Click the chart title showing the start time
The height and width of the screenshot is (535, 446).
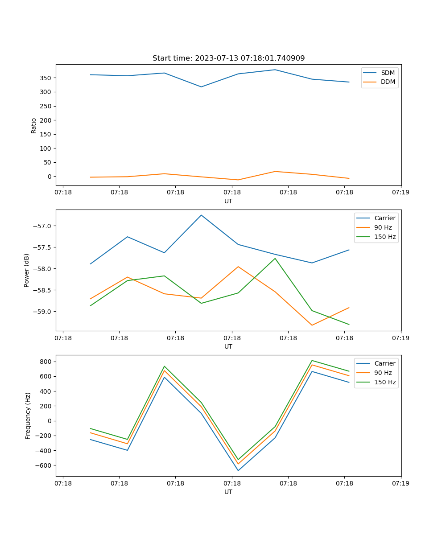pyautogui.click(x=228, y=58)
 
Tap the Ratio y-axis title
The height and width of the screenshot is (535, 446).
pyautogui.click(x=34, y=125)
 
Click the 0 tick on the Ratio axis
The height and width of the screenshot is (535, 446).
pyautogui.click(x=50, y=177)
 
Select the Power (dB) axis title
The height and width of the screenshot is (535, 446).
pyautogui.click(x=27, y=270)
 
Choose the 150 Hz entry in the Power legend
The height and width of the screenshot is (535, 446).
pyautogui.click(x=385, y=237)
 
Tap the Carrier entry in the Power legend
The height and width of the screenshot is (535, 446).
pyautogui.click(x=384, y=218)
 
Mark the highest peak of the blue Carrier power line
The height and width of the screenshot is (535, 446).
pyautogui.click(x=201, y=215)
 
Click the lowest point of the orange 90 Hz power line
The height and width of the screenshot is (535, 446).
pyautogui.click(x=312, y=325)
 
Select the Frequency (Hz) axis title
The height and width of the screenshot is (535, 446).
pyautogui.click(x=28, y=416)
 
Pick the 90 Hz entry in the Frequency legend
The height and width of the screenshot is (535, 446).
pyautogui.click(x=383, y=373)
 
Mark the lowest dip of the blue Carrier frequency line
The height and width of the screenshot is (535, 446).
pyautogui.click(x=238, y=470)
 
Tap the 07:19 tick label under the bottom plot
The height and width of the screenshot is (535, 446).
pyautogui.click(x=401, y=483)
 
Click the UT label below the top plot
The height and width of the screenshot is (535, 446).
pyautogui.click(x=228, y=201)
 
